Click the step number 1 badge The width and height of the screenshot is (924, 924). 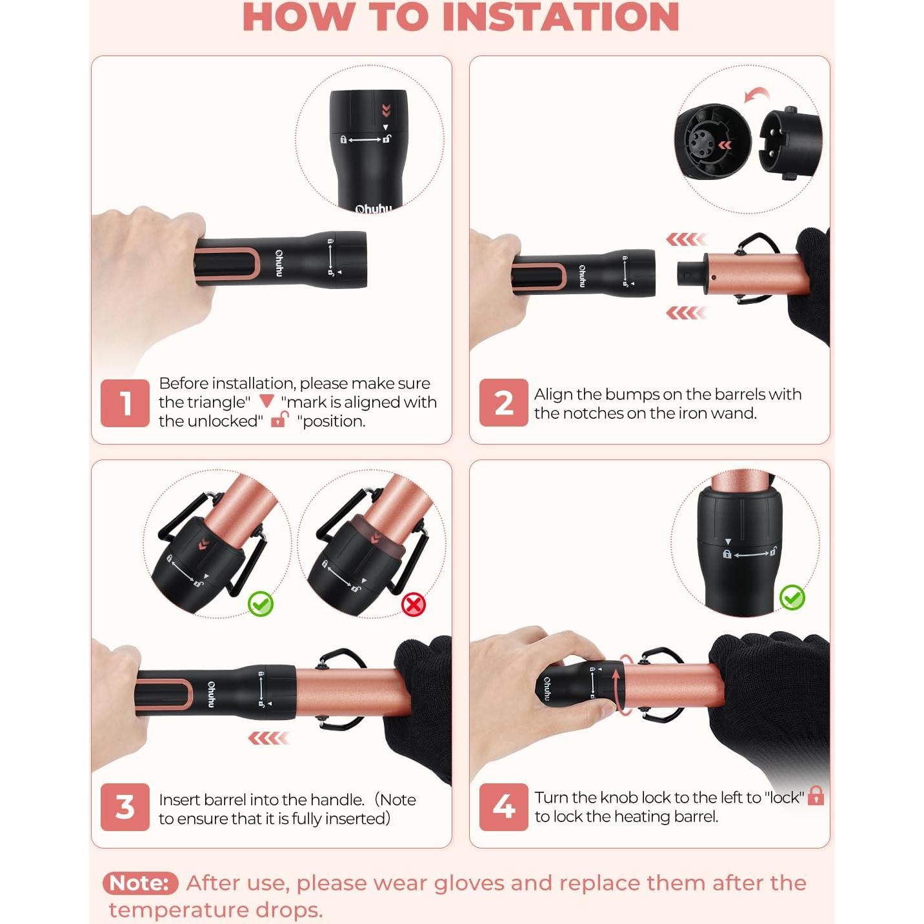click(125, 403)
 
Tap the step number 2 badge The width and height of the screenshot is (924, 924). click(503, 403)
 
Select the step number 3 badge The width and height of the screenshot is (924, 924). click(125, 807)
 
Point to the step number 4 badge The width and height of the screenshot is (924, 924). click(503, 807)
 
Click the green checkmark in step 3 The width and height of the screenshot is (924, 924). click(261, 604)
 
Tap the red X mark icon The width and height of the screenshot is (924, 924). click(414, 604)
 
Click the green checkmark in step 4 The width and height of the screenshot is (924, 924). click(792, 598)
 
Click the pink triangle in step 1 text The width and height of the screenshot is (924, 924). click(266, 401)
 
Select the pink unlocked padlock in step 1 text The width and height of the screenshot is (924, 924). click(280, 419)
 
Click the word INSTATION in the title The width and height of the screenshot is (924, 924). click(560, 17)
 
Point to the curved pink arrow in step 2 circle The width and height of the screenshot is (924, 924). click(756, 94)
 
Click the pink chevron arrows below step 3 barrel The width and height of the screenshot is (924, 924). click(268, 738)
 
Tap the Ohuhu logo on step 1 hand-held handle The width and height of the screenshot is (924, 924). click(279, 263)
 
